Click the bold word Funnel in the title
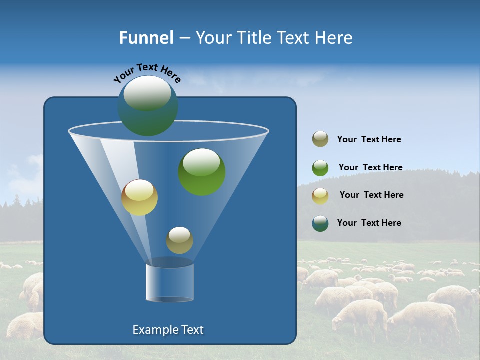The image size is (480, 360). point(146,38)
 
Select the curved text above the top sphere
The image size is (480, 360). point(147,73)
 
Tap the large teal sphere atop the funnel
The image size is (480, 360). point(148,106)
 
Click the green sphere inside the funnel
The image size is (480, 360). point(201,172)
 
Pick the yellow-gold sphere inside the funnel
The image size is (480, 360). point(139,197)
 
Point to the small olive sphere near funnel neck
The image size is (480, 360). point(179,240)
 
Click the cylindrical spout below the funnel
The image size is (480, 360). point(169,282)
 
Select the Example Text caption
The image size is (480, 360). point(168,330)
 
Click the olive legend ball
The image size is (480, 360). point(320,139)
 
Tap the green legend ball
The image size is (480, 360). point(320,168)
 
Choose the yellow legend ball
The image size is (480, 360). point(320,196)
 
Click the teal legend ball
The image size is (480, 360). point(320,223)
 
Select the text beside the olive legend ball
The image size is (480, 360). point(369,140)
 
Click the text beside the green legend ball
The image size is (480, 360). point(370,168)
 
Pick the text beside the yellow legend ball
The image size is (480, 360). point(371,195)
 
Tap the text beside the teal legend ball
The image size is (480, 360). point(369,223)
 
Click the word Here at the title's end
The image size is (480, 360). point(334,38)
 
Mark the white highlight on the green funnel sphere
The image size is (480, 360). point(201,162)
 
